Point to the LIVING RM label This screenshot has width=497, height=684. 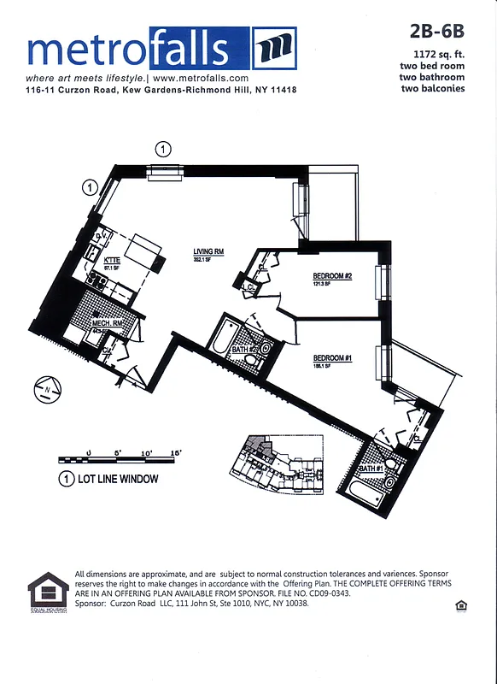(208, 251)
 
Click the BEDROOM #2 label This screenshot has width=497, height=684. (332, 275)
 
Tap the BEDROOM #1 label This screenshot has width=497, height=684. (332, 357)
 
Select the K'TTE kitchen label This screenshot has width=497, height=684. (111, 260)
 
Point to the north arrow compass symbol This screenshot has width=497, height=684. (45, 392)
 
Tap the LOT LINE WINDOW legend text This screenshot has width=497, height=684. (118, 479)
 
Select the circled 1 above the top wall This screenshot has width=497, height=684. (162, 150)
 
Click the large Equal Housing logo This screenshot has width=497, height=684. (48, 592)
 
